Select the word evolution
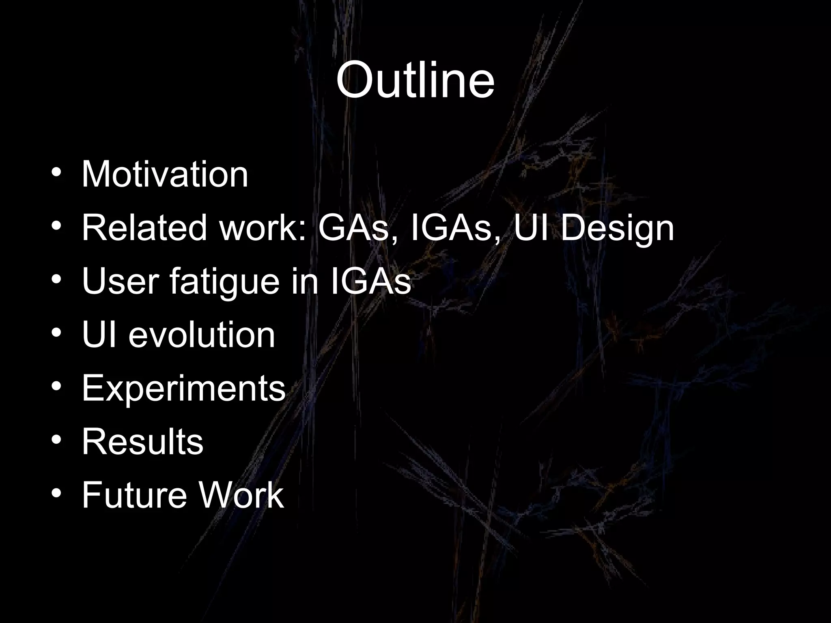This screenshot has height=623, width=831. click(x=202, y=335)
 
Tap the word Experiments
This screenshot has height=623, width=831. click(x=184, y=389)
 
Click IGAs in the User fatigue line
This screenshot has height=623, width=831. click(x=370, y=281)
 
